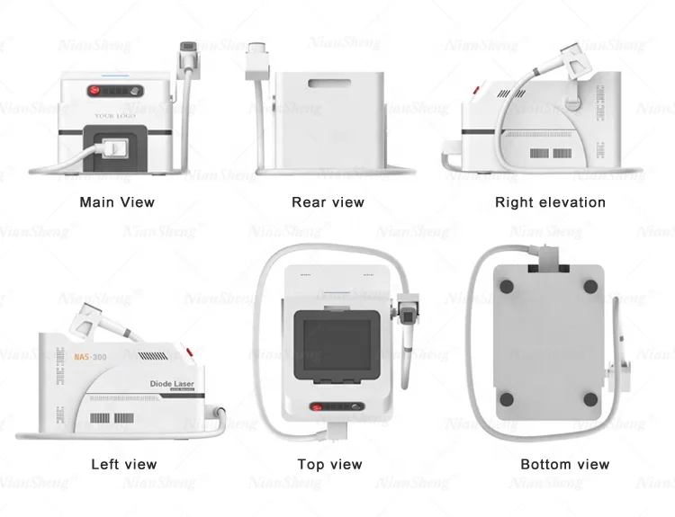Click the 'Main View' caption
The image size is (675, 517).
(117, 202)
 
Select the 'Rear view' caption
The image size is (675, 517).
(328, 202)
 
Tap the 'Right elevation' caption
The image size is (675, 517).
(550, 202)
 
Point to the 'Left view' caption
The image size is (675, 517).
(123, 464)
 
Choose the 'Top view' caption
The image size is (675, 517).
(329, 464)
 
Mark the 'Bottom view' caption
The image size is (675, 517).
(564, 464)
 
